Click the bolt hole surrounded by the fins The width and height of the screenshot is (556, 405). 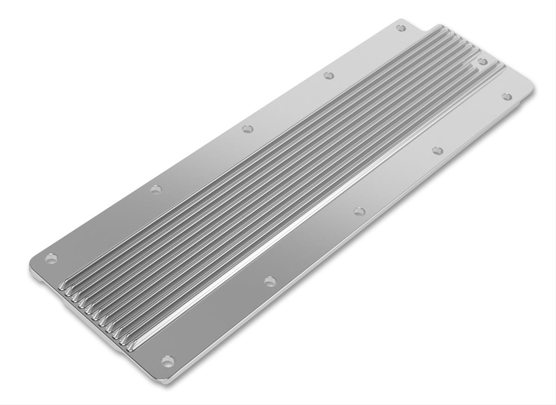(x=482, y=62)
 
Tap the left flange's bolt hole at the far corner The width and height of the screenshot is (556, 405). (x=401, y=28)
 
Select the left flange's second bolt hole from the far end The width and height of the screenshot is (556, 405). (x=329, y=75)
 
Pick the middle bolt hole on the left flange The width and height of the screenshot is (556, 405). (x=247, y=128)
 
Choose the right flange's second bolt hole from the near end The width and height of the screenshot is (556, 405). (x=270, y=281)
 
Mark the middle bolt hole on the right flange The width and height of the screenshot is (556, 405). (x=359, y=211)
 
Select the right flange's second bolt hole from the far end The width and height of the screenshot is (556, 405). (x=437, y=150)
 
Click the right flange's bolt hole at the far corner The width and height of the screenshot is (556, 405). (x=507, y=96)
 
